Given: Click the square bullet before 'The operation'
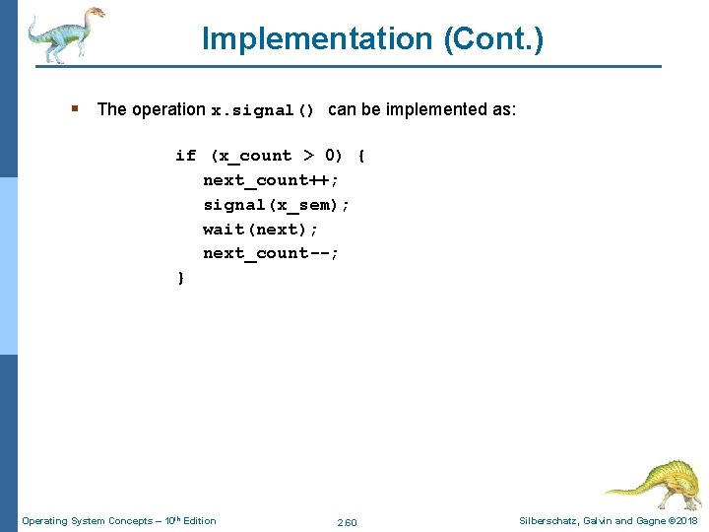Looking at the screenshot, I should point(75,109).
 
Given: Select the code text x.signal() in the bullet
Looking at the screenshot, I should point(263,110).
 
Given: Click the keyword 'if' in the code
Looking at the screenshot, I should point(185,156).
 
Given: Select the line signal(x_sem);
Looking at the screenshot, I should point(276,205).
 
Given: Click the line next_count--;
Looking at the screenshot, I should point(271,253).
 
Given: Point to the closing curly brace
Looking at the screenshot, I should point(180,278).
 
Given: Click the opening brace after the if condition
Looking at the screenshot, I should point(361,156).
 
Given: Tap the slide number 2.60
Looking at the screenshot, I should point(347,521).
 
